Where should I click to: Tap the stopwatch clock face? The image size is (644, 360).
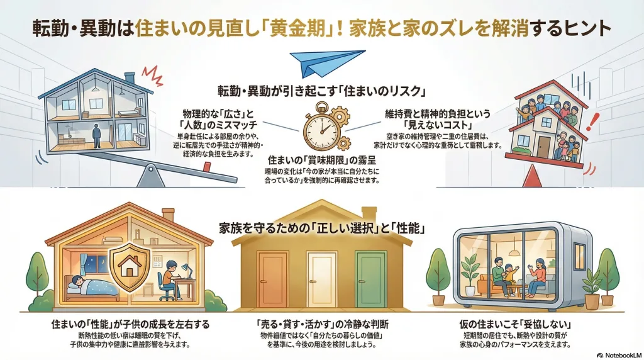click(320, 129)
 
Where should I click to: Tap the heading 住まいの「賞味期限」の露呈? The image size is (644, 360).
click(321, 161)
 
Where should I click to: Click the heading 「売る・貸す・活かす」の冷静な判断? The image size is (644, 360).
click(321, 325)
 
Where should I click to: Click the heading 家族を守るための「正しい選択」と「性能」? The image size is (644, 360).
click(321, 228)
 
